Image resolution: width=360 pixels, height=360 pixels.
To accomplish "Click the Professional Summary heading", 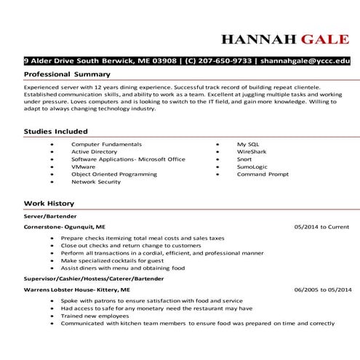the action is [x=67, y=75].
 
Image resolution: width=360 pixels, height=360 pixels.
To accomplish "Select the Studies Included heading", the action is [x=56, y=131].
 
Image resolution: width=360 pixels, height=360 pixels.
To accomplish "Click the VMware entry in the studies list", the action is [x=83, y=167].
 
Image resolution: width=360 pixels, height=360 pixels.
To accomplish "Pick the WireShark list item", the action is [x=252, y=151].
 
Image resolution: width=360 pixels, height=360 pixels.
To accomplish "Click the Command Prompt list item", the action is [x=263, y=175].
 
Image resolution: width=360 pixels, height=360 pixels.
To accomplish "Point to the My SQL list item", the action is [x=247, y=144].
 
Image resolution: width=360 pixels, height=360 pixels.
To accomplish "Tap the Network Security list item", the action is [x=96, y=182].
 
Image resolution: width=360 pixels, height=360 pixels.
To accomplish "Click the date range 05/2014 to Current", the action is [x=321, y=227].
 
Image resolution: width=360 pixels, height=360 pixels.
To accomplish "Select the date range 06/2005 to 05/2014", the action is [x=321, y=289].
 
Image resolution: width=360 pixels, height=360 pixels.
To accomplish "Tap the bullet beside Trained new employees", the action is [x=52, y=316].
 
